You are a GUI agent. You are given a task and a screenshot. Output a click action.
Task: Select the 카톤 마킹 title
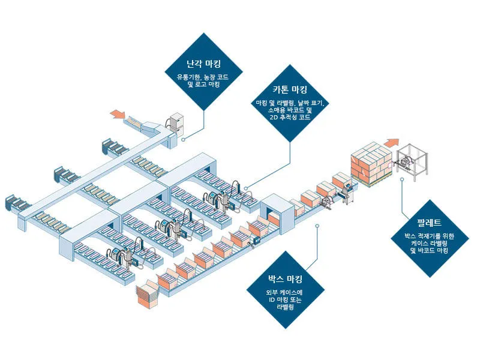(x=290, y=90)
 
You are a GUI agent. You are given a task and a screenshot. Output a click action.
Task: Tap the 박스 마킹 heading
(x=285, y=279)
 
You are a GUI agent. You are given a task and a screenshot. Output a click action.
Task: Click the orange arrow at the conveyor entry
(x=118, y=114)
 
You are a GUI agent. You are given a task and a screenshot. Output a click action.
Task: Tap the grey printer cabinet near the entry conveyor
(x=177, y=123)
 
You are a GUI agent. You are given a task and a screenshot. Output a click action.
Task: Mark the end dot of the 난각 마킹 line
(x=183, y=138)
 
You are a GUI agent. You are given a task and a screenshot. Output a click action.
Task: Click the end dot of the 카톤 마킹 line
(x=246, y=187)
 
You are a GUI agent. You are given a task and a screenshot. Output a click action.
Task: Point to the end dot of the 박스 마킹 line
(x=316, y=226)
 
